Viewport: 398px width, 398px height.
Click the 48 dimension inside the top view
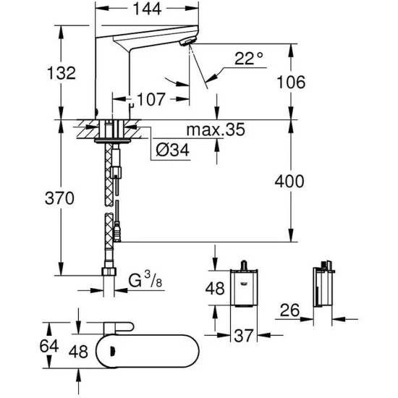78,352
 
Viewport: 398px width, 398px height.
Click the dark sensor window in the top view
111,353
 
